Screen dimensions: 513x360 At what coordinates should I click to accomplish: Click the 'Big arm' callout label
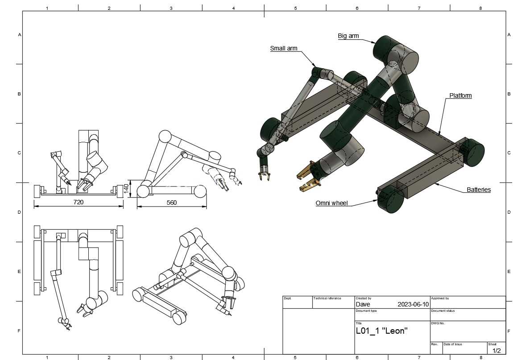coord(348,36)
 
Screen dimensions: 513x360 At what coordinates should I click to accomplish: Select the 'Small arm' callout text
coord(284,49)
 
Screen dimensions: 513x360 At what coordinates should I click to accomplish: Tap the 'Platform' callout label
coord(460,95)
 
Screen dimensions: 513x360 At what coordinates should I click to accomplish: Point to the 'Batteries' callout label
coord(479,190)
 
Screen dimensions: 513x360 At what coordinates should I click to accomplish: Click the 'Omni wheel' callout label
coord(331,203)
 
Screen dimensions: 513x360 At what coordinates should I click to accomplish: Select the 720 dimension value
coord(78,202)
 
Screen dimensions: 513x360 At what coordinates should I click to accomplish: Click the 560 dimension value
coord(171,203)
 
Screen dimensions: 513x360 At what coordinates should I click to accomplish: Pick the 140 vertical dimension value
coord(126,189)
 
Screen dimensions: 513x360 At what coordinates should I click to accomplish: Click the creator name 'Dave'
coord(363,304)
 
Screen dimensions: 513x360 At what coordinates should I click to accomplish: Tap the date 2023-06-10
coord(413,304)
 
